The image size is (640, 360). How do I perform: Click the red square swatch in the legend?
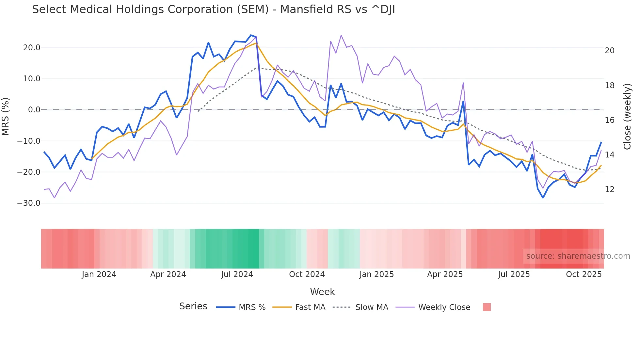[x=487, y=307]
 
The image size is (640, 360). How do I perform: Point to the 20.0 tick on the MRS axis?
[x=32, y=48]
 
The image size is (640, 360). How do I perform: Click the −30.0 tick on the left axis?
[x=29, y=203]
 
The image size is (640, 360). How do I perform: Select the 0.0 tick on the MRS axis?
[x=34, y=110]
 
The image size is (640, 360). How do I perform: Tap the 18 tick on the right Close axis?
[x=610, y=86]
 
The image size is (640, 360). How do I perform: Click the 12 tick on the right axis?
[x=610, y=189]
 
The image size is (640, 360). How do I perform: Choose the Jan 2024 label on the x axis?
[x=99, y=274]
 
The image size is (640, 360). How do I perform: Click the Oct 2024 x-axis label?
[x=307, y=274]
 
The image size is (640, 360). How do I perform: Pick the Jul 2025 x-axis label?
[x=514, y=274]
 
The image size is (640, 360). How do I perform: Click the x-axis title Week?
[x=322, y=292]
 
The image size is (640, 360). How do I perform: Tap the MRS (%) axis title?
[x=6, y=116]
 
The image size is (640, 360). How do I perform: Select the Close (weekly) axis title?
[x=627, y=117]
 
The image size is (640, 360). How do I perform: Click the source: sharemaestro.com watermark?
[x=578, y=256]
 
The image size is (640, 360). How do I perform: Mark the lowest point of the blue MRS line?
[x=543, y=198]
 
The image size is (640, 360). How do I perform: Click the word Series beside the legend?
[x=193, y=306]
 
